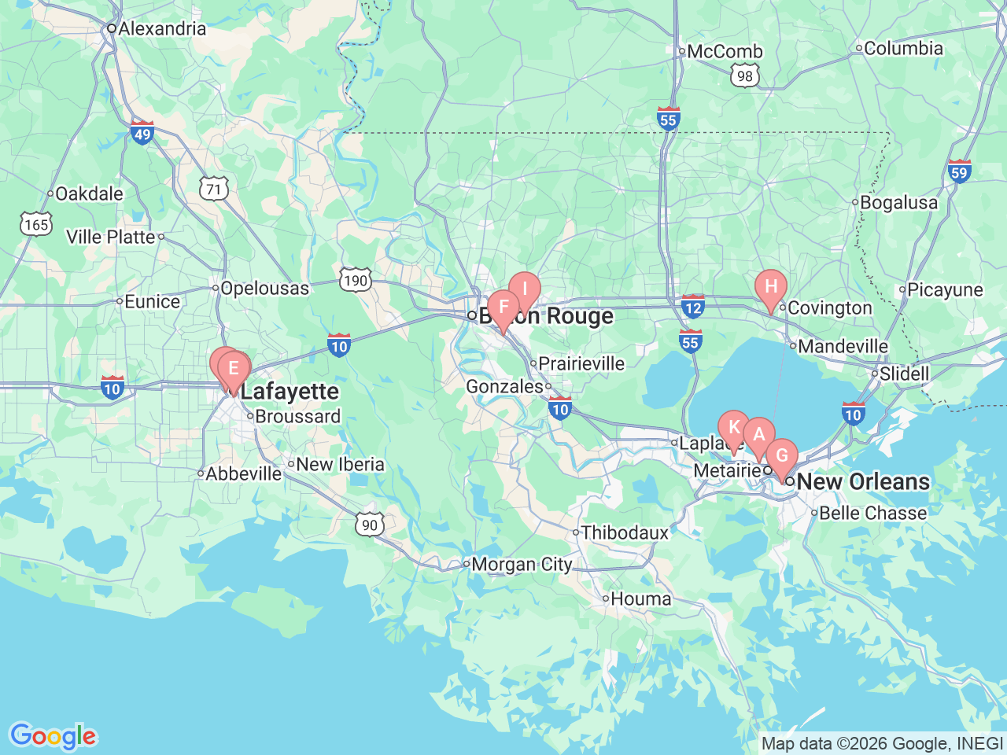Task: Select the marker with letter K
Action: pos(734,428)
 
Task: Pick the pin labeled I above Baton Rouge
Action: pos(524,289)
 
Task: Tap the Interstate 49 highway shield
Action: pos(142,133)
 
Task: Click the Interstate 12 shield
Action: pos(692,306)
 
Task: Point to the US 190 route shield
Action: pos(356,280)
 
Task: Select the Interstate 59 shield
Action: pos(959,171)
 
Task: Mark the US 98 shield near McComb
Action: pos(745,76)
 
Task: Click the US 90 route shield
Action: pos(370,525)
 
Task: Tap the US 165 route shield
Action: pos(36,225)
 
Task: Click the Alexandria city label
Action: pos(162,29)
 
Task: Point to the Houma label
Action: pos(640,599)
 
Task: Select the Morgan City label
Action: pos(522,565)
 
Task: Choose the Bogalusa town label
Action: pos(898,203)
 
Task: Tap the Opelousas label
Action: pos(264,289)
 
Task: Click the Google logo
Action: pos(53,736)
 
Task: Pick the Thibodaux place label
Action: pos(625,533)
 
